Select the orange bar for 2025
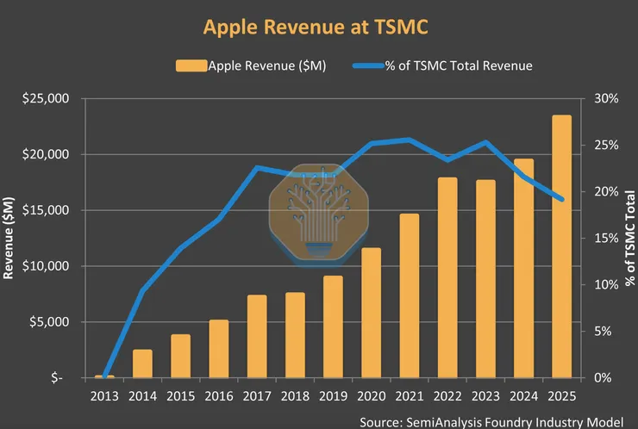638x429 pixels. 561,246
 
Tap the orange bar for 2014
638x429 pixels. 142,364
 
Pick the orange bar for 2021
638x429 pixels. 409,295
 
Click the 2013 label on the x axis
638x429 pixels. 104,396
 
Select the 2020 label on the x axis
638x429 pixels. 371,396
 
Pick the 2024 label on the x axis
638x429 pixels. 523,396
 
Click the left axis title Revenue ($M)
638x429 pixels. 10,237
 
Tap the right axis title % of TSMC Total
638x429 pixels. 630,237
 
